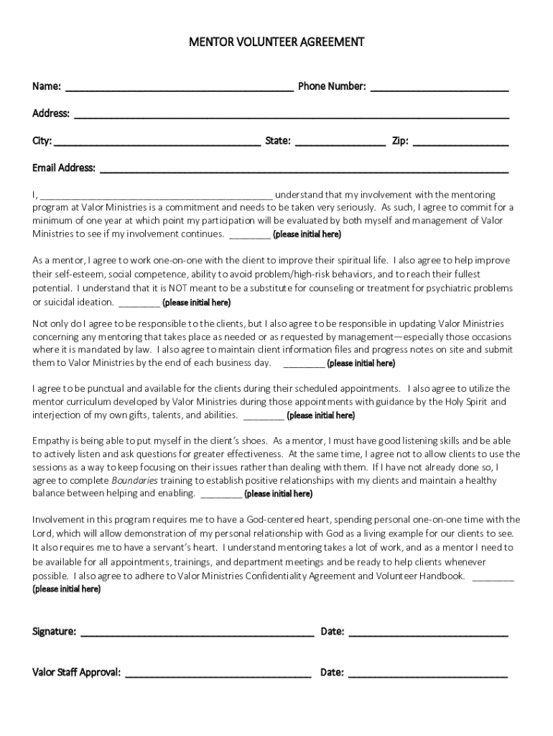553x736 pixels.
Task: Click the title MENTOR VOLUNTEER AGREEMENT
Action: click(x=276, y=42)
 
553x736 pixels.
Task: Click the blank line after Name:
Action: click(x=180, y=88)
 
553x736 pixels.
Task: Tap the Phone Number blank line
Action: click(x=440, y=88)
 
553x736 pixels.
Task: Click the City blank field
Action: click(x=157, y=142)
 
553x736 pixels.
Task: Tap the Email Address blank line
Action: click(x=304, y=170)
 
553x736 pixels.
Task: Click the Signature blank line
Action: click(x=197, y=633)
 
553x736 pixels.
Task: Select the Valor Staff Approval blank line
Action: click(x=218, y=674)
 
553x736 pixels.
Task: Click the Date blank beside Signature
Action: click(x=428, y=633)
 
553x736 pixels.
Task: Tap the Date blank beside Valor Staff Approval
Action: click(x=428, y=674)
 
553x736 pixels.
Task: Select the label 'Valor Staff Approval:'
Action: click(x=77, y=673)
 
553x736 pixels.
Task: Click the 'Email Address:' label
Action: click(x=64, y=168)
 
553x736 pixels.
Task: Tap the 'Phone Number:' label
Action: click(x=332, y=87)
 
